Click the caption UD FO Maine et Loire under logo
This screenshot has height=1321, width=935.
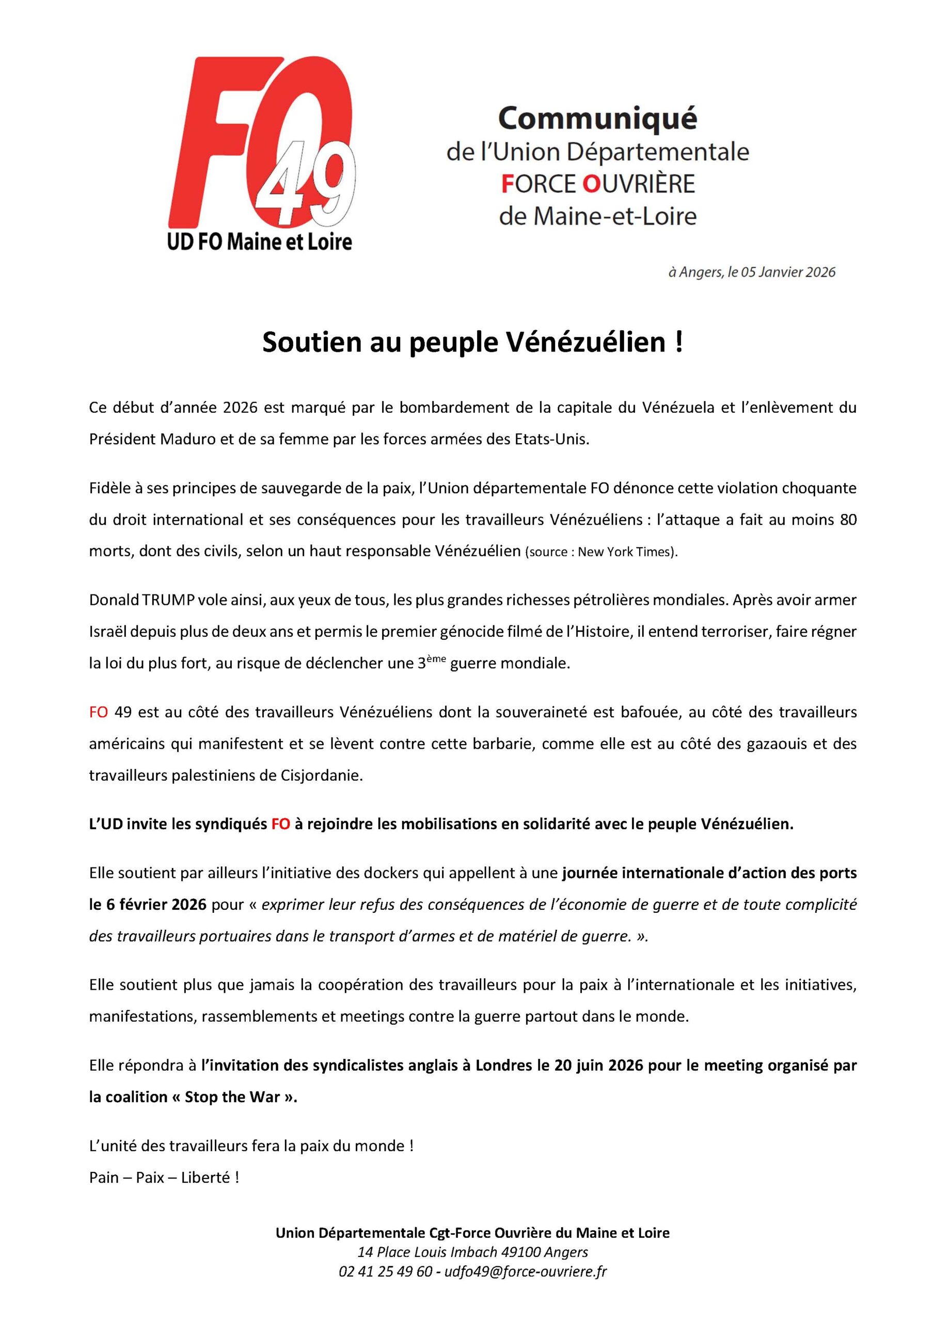(259, 242)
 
